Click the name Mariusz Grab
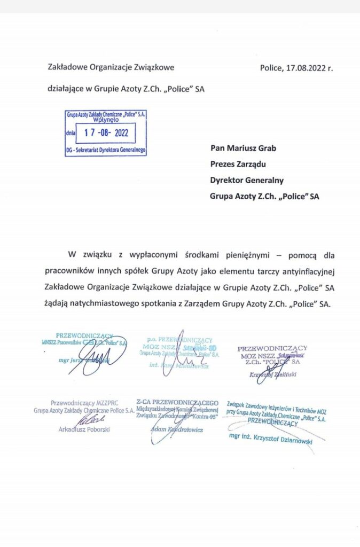pyautogui.click(x=253, y=148)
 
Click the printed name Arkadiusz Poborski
pyautogui.click(x=84, y=429)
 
